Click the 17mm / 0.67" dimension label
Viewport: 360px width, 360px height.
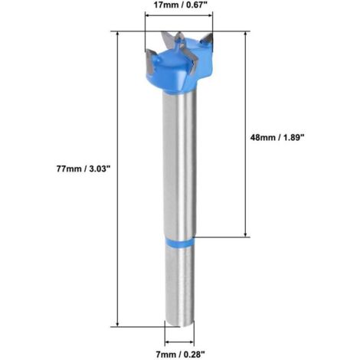click(x=180, y=5)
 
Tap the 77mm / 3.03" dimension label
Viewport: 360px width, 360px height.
click(x=83, y=169)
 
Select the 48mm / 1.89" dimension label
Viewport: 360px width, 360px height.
click(x=277, y=137)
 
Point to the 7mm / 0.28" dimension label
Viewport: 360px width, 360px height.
click(x=180, y=354)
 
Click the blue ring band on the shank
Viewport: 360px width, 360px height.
click(x=179, y=243)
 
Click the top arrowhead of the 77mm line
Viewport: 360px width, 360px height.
click(x=117, y=34)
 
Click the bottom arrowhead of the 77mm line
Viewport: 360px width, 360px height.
click(x=117, y=324)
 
